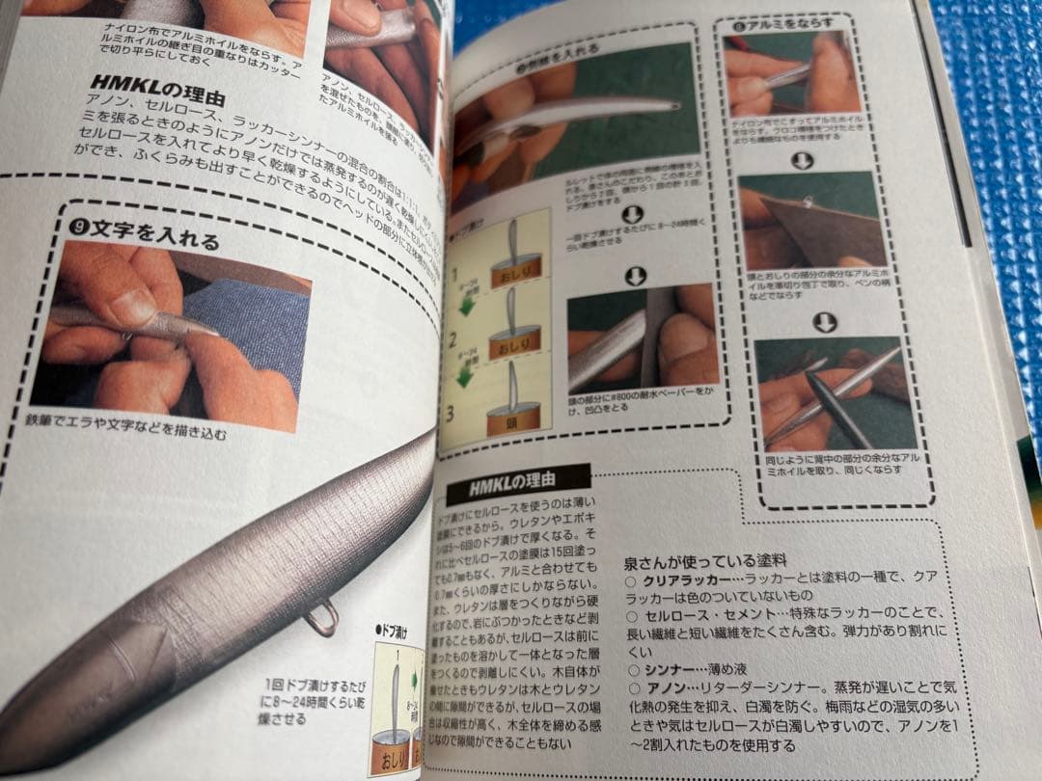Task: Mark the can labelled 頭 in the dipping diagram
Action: pos(514,421)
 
